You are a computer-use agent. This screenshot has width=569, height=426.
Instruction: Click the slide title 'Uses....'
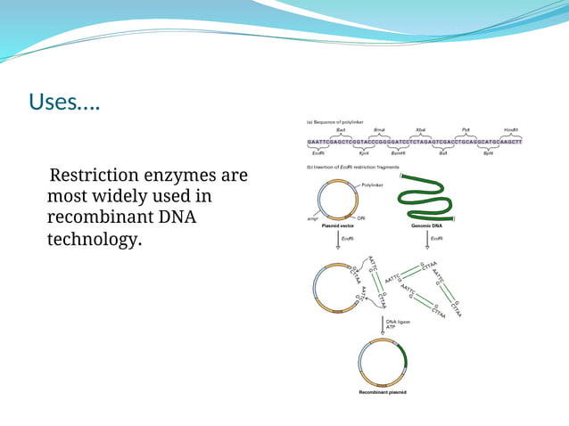point(65,103)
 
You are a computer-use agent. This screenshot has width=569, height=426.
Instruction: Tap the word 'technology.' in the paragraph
point(94,239)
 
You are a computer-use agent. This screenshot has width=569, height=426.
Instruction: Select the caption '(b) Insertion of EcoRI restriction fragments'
point(351,167)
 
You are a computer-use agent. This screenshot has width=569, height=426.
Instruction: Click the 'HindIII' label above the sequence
point(510,130)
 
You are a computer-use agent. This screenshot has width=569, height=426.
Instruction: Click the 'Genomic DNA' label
point(428,226)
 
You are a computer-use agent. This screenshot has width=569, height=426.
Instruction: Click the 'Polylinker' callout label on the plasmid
point(372,184)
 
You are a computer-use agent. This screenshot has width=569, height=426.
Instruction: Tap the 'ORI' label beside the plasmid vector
point(361,218)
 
